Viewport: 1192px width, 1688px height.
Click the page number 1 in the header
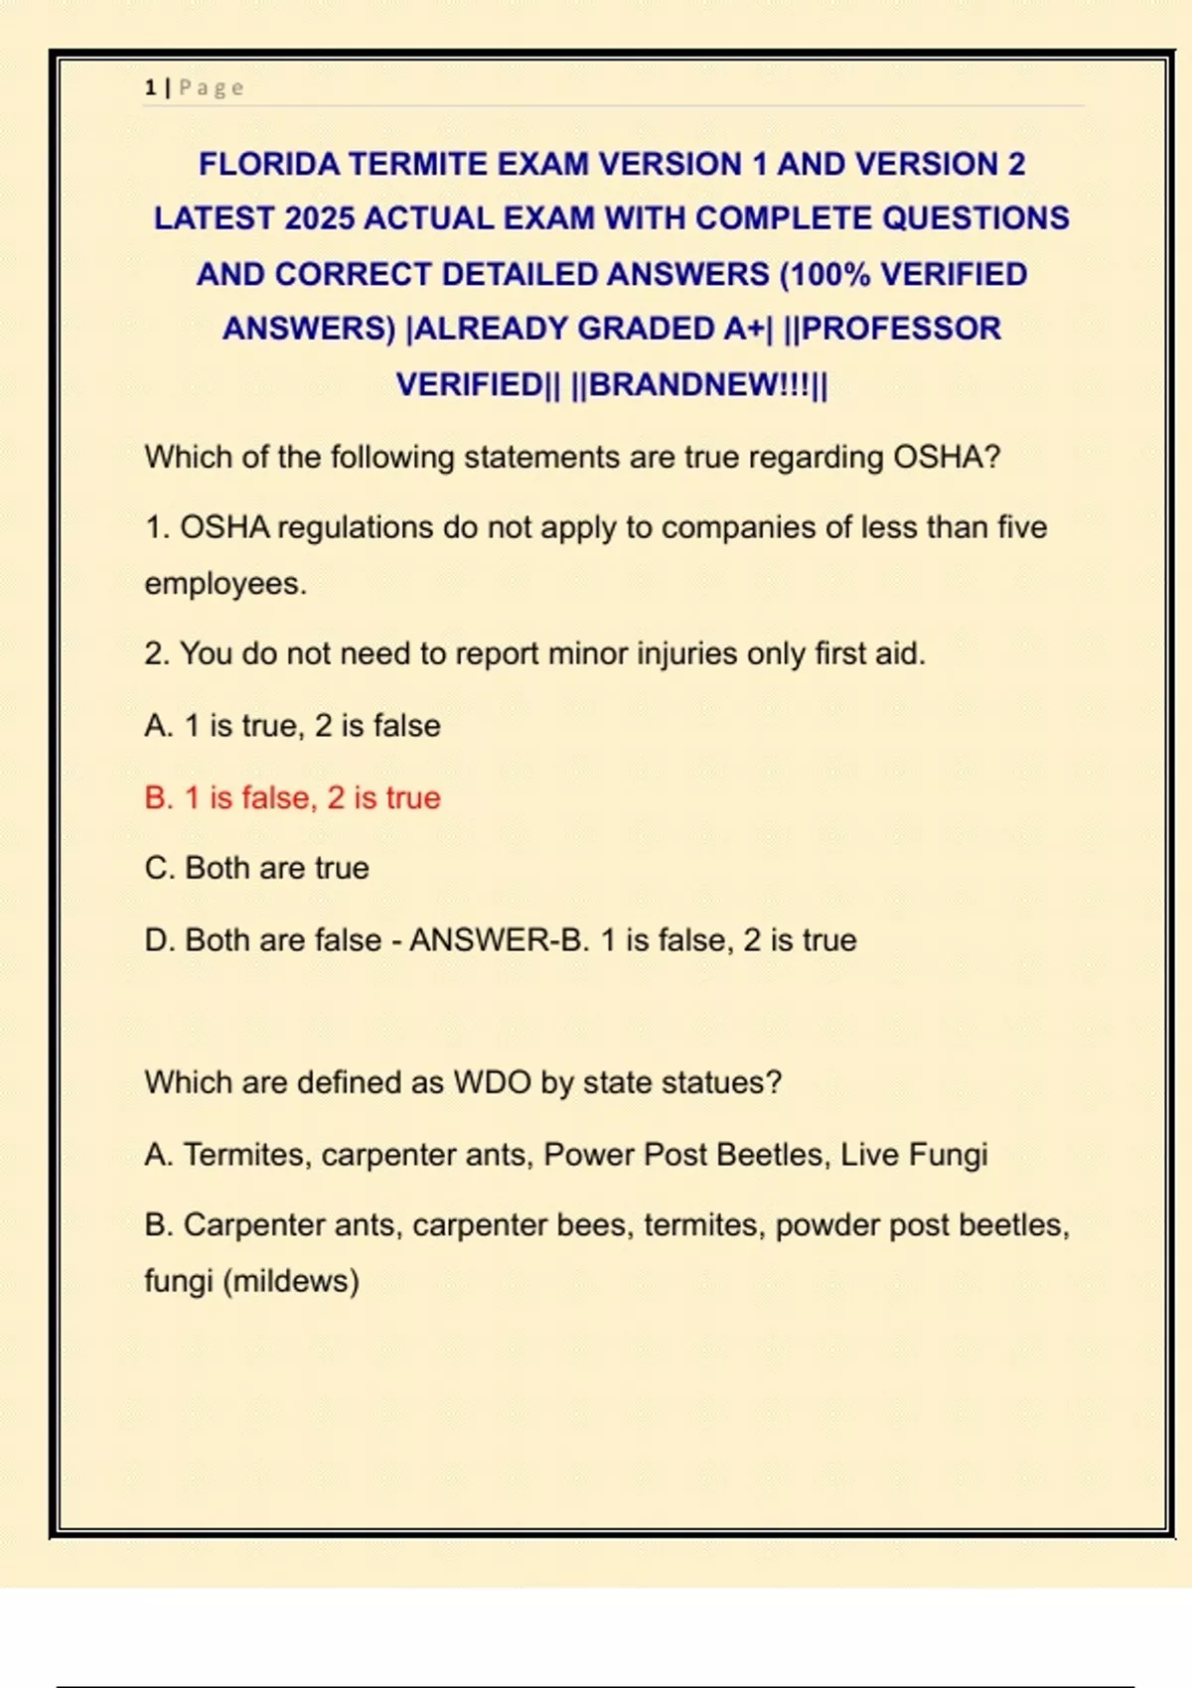click(150, 88)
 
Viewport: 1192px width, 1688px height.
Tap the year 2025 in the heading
click(319, 218)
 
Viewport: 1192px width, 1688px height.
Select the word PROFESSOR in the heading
click(901, 329)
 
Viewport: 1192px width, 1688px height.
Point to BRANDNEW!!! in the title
click(699, 384)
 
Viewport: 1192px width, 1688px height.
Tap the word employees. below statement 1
click(225, 584)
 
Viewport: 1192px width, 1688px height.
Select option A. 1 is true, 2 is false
click(292, 726)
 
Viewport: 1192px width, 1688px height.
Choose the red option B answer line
click(292, 797)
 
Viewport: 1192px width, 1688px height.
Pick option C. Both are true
click(256, 868)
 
